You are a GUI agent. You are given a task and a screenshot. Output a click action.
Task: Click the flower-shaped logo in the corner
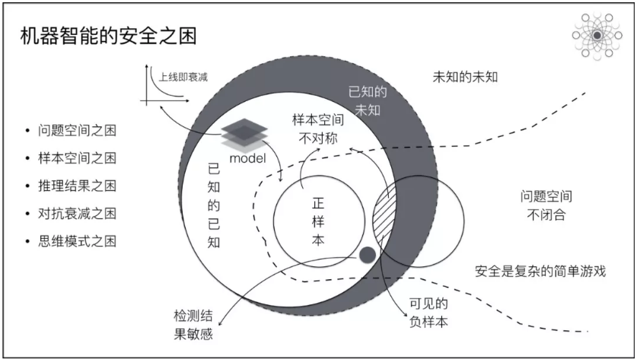597,35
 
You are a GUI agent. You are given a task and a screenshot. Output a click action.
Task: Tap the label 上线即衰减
183,78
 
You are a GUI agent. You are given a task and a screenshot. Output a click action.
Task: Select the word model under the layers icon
246,158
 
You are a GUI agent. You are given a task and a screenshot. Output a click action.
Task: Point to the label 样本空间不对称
317,129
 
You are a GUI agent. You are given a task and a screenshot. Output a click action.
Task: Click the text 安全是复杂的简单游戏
543,272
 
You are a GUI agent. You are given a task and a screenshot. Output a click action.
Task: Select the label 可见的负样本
426,312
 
